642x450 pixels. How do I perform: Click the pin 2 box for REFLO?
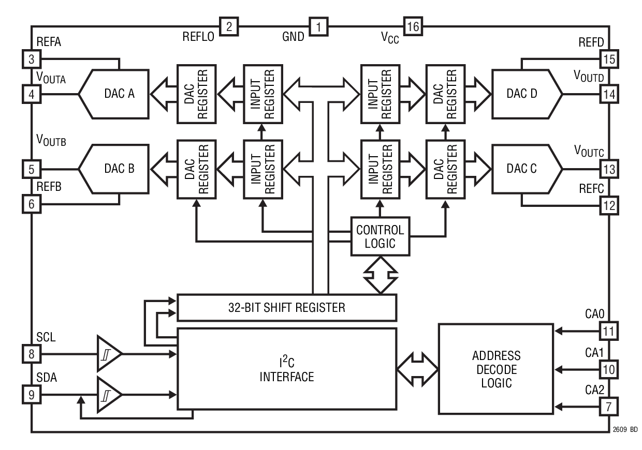229,26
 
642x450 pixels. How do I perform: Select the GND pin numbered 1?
319,26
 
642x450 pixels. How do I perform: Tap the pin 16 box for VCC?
413,26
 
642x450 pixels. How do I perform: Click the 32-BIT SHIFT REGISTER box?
287,308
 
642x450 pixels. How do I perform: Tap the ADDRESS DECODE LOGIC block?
496,369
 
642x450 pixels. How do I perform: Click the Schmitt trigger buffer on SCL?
108,354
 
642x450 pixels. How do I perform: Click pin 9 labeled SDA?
32,396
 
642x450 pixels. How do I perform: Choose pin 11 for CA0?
609,329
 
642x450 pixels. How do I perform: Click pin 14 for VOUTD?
609,94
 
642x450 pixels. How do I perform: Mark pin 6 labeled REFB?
32,204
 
